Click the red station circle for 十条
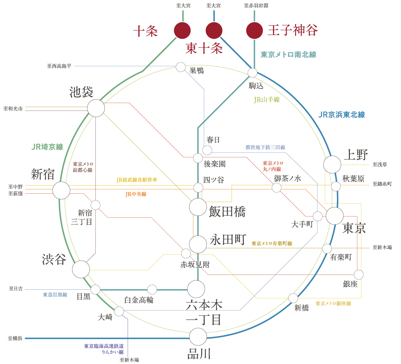pyautogui.click(x=182, y=30)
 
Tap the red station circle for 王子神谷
pyautogui.click(x=254, y=30)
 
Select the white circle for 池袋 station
pyautogui.click(x=96, y=108)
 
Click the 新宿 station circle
pyautogui.click(x=61, y=190)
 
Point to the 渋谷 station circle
pyautogui.click(x=81, y=269)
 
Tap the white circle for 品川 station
pyautogui.click(x=198, y=337)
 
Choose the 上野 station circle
pyautogui.click(x=332, y=164)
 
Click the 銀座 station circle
pyautogui.click(x=359, y=275)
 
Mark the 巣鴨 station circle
pyautogui.click(x=181, y=67)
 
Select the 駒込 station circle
pyautogui.click(x=252, y=73)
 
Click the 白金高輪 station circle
pyautogui.click(x=152, y=289)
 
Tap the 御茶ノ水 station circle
pyautogui.click(x=277, y=188)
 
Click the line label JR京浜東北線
pyautogui.click(x=342, y=115)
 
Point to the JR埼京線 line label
pyautogui.click(x=47, y=147)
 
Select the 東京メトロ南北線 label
pyautogui.click(x=288, y=55)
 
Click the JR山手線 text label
pyautogui.click(x=267, y=99)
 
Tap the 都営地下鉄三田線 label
pyautogui.click(x=265, y=147)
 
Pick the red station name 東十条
pyautogui.click(x=204, y=49)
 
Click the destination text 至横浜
pyautogui.click(x=15, y=338)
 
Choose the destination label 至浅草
pyautogui.click(x=380, y=165)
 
